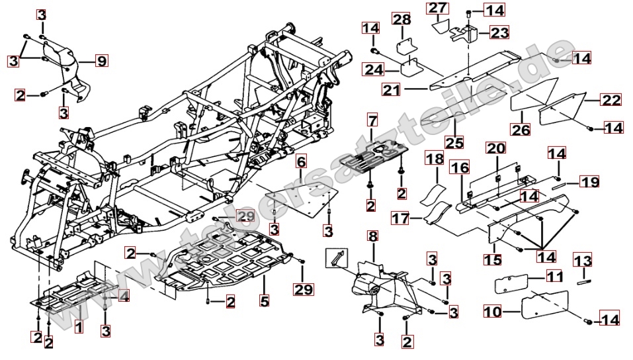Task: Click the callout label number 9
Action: (x=101, y=62)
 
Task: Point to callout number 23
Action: (x=499, y=32)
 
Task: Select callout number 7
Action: (x=372, y=120)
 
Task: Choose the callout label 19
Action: (x=589, y=180)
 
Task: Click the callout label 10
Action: (x=492, y=310)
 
